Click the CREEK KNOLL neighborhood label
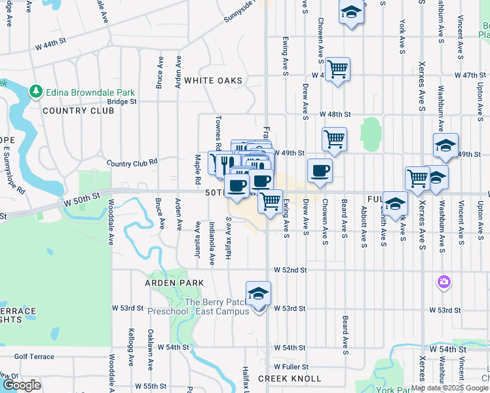click(x=290, y=379)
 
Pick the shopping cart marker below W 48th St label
click(x=334, y=138)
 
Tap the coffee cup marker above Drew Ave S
click(x=320, y=171)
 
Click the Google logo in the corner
click(x=22, y=385)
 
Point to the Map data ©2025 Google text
click(x=450, y=388)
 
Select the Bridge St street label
click(x=122, y=102)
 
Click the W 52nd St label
click(x=290, y=270)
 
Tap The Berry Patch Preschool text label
click(x=218, y=307)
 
